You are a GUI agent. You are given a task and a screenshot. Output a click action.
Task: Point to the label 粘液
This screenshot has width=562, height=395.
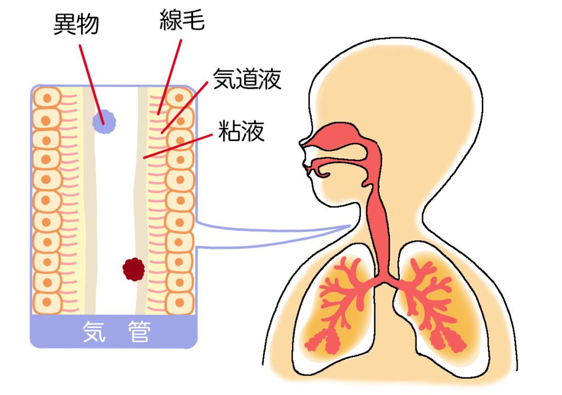tap(241, 132)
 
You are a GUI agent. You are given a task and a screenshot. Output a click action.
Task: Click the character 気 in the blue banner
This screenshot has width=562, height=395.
tap(93, 331)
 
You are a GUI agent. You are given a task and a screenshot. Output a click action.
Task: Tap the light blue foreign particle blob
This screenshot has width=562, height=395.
tap(104, 121)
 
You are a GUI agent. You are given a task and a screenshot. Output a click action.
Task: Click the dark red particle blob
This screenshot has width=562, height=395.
tap(133, 269)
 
